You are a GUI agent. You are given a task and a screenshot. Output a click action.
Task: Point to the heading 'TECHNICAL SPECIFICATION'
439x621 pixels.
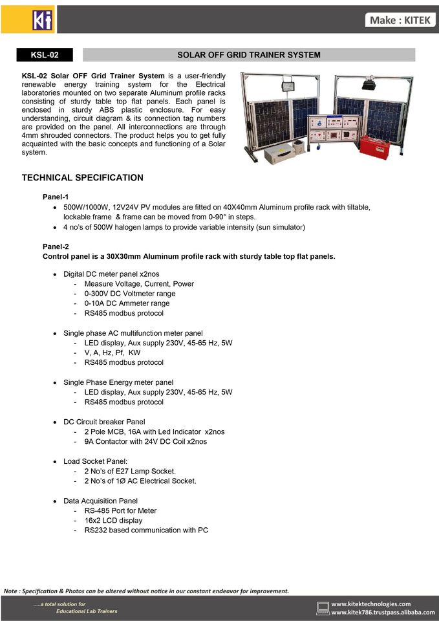coord(83,178)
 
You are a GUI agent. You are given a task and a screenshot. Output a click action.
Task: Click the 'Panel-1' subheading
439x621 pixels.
coord(56,197)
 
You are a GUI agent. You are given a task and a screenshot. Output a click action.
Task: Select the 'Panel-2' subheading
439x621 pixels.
coord(56,246)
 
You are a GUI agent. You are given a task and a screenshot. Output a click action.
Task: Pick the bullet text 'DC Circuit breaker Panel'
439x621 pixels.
coord(104,422)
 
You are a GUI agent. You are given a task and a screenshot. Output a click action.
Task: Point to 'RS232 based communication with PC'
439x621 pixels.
coord(146,530)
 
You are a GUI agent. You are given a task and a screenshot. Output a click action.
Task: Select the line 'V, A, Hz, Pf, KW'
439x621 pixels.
coord(112,353)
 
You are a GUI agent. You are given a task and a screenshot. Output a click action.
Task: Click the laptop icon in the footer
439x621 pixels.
coord(323,607)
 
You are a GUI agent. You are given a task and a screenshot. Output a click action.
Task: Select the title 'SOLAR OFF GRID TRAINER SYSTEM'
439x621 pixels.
coord(249,55)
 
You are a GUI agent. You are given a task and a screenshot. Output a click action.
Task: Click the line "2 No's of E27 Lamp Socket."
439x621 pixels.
coord(130,471)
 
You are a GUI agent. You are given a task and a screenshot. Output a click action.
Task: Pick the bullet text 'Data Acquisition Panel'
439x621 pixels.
coord(100,501)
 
